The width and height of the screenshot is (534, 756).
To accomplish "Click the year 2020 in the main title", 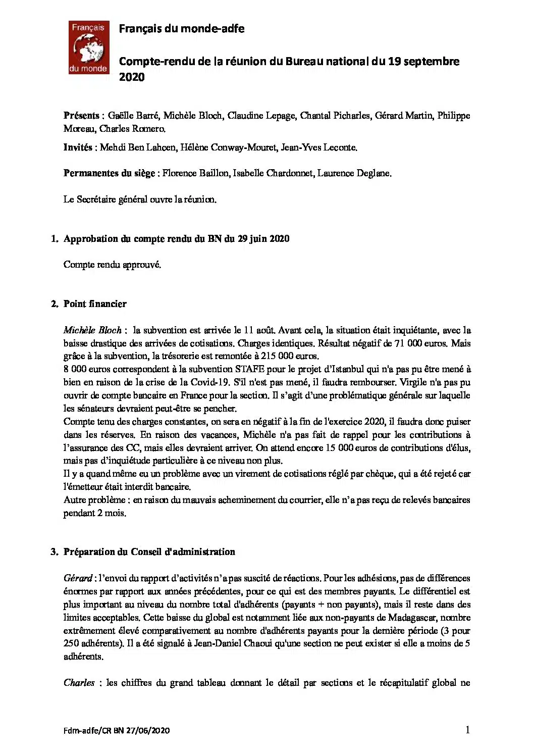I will click(x=132, y=77).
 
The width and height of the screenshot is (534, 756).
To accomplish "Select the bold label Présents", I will click(x=81, y=116).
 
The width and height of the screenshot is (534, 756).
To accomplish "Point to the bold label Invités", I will click(x=78, y=147).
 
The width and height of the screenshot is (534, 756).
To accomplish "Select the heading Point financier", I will click(x=95, y=304).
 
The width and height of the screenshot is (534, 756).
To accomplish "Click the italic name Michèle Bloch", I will click(x=93, y=330).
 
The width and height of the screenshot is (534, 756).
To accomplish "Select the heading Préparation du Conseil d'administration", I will click(x=149, y=552).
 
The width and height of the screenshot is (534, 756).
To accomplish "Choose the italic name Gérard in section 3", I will click(x=78, y=578).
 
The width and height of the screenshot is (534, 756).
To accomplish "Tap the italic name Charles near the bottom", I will click(x=79, y=683).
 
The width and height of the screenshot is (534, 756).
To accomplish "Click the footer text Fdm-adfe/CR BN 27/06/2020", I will click(x=117, y=730).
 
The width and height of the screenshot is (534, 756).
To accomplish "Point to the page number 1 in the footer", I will click(x=468, y=729).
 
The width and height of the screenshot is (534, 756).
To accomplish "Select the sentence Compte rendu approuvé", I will click(x=112, y=265).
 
